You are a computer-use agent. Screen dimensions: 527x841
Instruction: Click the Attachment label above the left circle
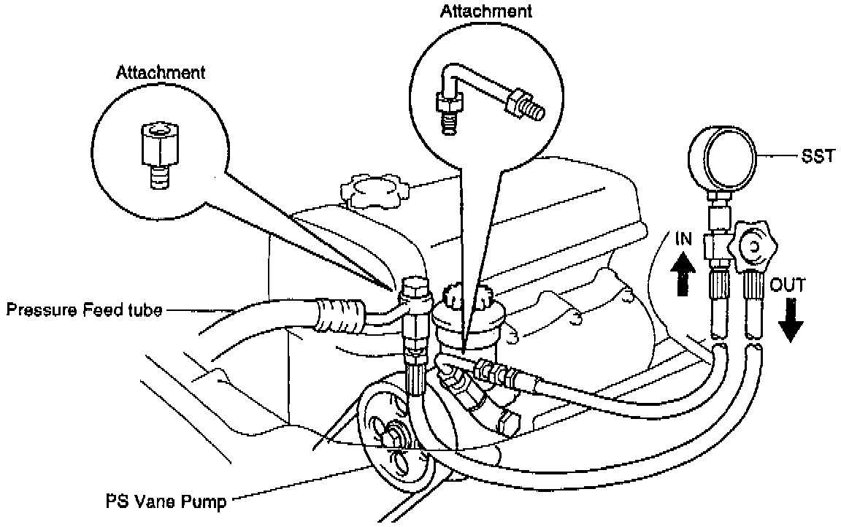tap(160, 72)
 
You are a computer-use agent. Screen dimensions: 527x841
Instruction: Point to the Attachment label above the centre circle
tap(485, 11)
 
